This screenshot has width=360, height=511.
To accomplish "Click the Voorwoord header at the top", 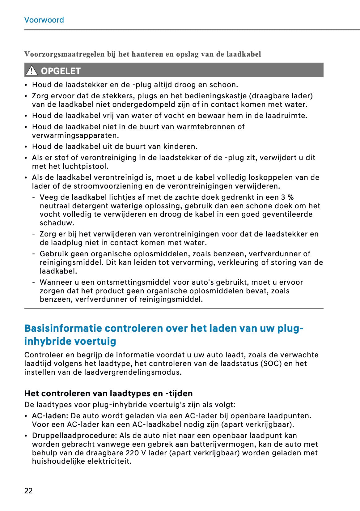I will pos(44,20).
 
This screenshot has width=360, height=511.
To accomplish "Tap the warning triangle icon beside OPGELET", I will pos(32,71).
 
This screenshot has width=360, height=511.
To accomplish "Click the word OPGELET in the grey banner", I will pos(61,71).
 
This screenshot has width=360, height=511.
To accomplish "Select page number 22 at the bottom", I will pos(28,491).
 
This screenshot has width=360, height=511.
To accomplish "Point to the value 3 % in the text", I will pos(287,197).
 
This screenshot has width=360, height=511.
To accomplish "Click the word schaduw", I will pos(57,223).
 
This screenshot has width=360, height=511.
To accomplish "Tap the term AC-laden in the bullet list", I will pos(49,416).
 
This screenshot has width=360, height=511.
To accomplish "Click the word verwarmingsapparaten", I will pos(75,135).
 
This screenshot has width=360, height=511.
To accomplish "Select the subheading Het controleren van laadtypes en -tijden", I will pos(108,394).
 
